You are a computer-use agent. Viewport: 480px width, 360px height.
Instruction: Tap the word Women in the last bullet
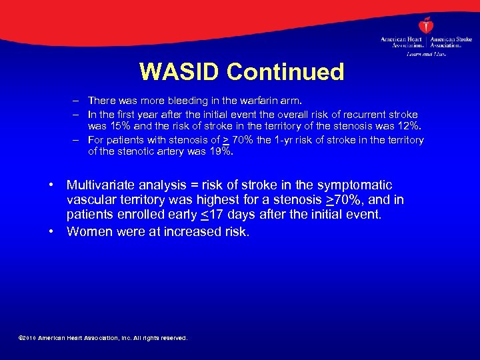point(89,231)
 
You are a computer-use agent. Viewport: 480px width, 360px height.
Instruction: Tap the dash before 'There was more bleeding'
point(77,101)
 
